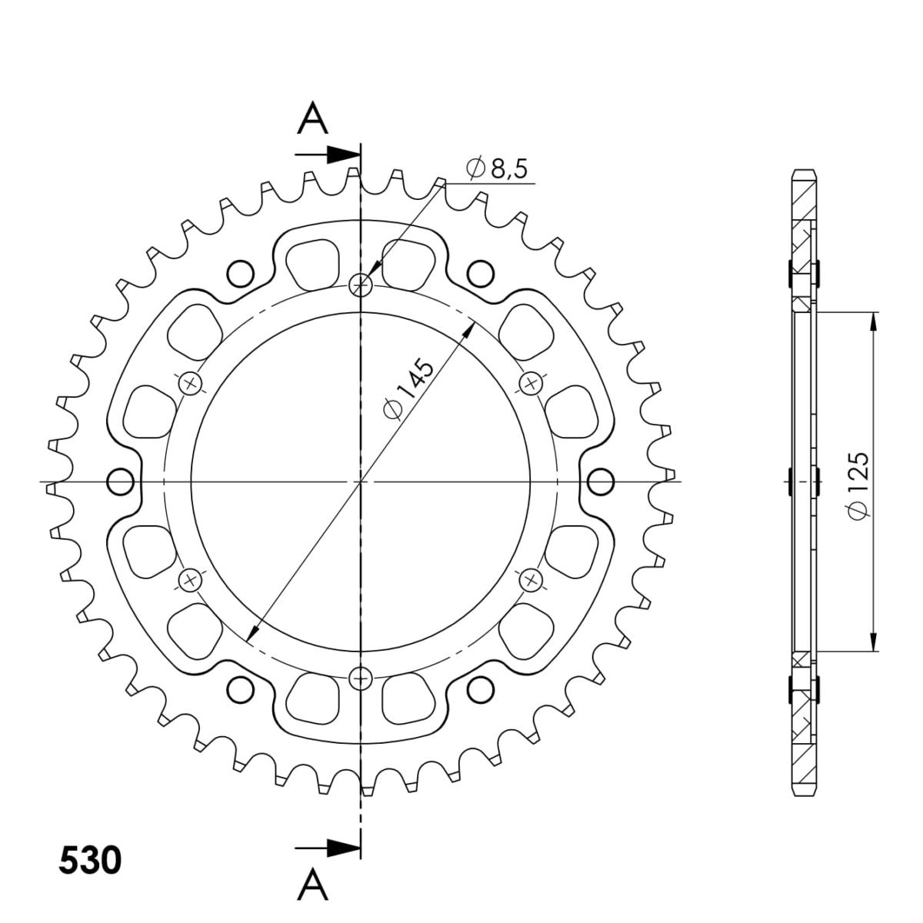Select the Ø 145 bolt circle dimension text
[x=408, y=388]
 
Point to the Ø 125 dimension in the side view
[x=857, y=485]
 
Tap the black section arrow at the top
[x=328, y=155]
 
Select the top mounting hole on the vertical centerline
[x=360, y=285]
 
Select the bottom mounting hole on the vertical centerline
[x=360, y=678]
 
